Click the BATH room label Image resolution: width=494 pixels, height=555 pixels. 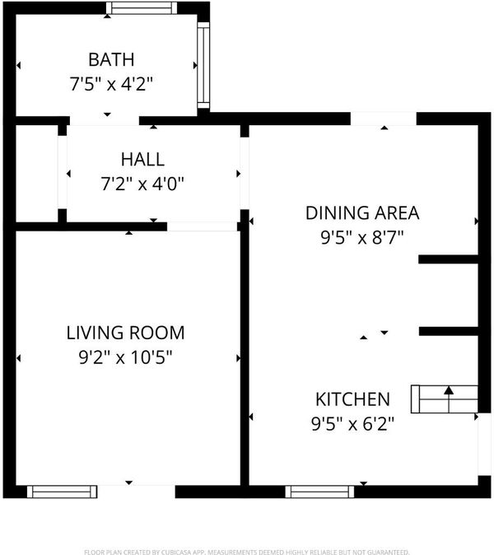pos(111,59)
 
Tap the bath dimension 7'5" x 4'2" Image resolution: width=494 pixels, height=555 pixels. pos(111,84)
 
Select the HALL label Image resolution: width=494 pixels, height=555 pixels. pos(142,159)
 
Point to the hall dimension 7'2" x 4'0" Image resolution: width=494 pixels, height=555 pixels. pos(142,184)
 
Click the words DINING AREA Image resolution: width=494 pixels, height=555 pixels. pos(362,213)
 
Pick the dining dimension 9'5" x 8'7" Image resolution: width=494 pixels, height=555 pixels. pos(362,237)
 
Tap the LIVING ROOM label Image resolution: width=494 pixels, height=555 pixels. pos(126,333)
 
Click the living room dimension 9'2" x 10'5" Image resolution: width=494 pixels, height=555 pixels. pos(126,357)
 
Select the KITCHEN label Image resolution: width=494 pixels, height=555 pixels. pos(352,399)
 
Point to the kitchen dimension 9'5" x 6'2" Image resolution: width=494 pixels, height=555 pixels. pos(352,424)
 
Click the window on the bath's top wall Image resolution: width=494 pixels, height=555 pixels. pos(142,7)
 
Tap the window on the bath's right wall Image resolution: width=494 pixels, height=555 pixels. pos(203,65)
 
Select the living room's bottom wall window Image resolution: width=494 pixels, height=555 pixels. pos(62,492)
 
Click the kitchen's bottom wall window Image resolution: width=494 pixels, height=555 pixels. pos(319,492)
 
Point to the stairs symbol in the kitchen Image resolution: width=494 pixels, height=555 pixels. pos(445,399)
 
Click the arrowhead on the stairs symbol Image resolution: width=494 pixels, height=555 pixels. pos(449,390)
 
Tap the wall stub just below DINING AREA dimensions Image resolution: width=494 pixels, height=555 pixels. pos(449,259)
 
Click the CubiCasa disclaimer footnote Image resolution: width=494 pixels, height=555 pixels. pos(247,552)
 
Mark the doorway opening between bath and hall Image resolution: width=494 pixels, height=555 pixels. pos(105,121)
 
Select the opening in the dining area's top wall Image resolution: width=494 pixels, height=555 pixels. pos(383,119)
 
